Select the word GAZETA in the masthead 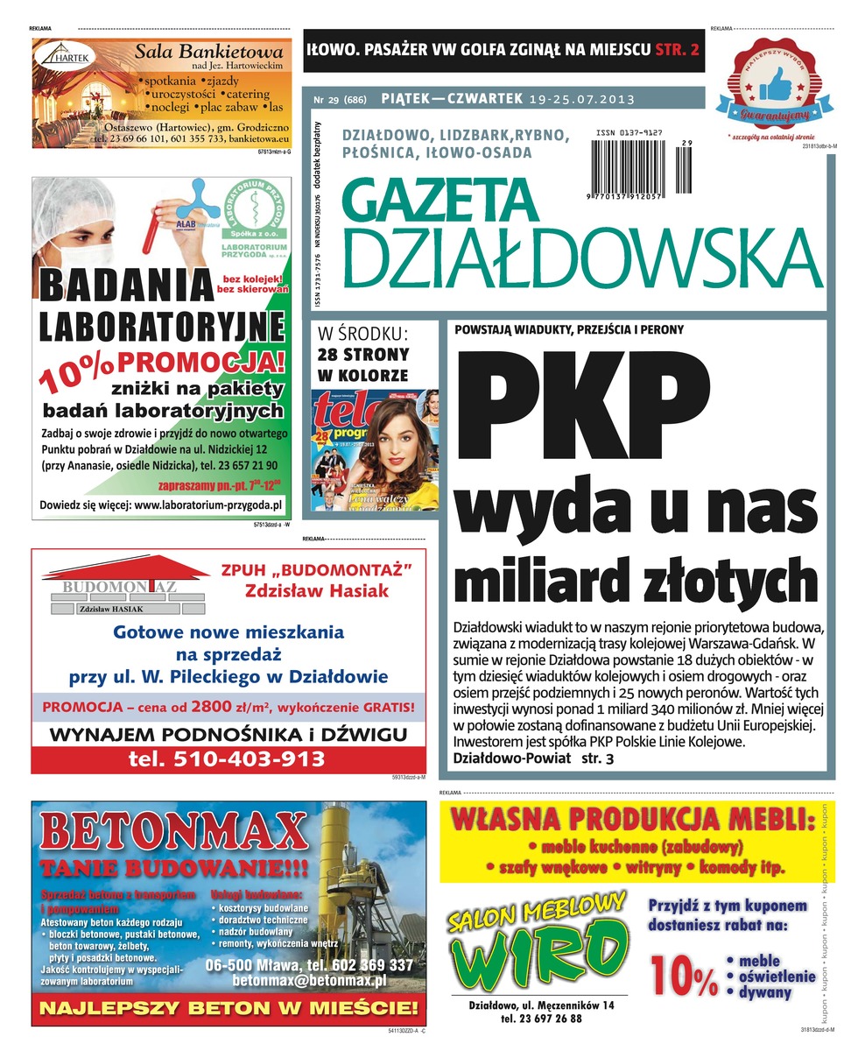click(x=437, y=199)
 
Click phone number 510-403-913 click(x=226, y=758)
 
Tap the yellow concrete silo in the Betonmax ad click(x=346, y=867)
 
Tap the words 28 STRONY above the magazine click(x=362, y=355)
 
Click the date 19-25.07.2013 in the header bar click(x=581, y=99)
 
